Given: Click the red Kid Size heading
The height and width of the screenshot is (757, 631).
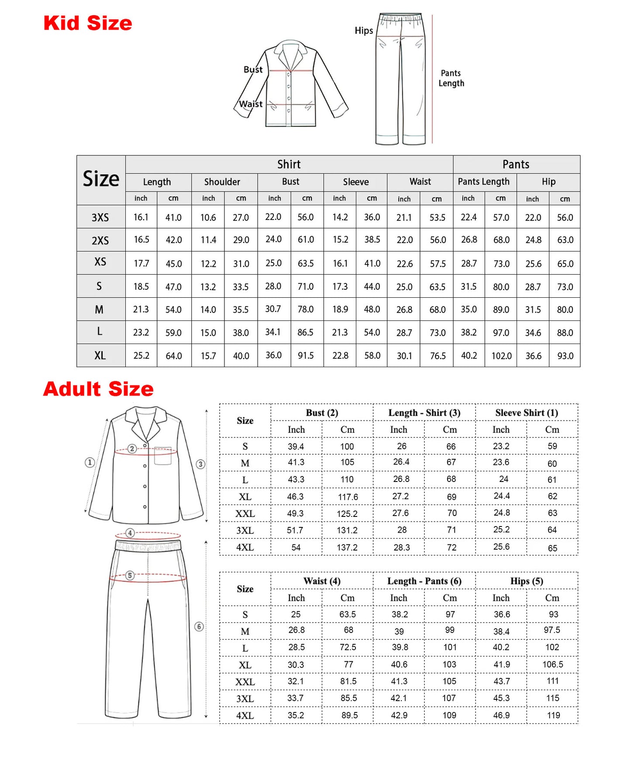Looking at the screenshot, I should pos(88,23).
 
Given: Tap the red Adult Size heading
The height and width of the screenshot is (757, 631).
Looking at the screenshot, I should pos(98,389).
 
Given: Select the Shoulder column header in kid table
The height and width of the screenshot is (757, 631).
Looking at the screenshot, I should pos(222,182).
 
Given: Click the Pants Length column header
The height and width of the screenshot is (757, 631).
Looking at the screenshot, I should pos(483,182).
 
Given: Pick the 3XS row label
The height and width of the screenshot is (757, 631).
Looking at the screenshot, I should pos(100,217).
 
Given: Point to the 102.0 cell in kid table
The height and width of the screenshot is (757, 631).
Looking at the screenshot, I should pos(501,356).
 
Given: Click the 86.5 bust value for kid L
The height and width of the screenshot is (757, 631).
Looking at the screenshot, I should pos(305,332).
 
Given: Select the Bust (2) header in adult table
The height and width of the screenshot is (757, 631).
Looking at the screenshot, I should pos(322,413).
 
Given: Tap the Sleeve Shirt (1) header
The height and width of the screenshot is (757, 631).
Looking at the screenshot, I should pos(526,413).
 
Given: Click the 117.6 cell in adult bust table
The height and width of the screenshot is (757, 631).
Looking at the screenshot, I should pos(348,497).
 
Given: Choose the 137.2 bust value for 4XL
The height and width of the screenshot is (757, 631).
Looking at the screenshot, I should pos(347,547).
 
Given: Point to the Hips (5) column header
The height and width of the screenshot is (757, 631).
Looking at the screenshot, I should pos(526,581).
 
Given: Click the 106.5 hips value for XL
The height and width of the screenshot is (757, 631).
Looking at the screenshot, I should pos(552,664).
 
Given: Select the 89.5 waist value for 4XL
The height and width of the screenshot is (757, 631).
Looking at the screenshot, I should pos(349,715).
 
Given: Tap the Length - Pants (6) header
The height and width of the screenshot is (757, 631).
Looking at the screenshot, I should pos(424,581).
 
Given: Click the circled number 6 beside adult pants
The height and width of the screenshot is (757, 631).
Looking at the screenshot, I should pos(199,626).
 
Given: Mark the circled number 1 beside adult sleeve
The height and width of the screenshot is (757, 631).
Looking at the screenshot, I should pos(90,462).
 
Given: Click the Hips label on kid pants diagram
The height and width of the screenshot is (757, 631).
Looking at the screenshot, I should pos(364,31).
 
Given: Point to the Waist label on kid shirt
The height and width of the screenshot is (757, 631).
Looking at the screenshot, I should pos(251,104).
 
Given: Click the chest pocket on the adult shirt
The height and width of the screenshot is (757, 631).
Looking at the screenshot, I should pos(163,456).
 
